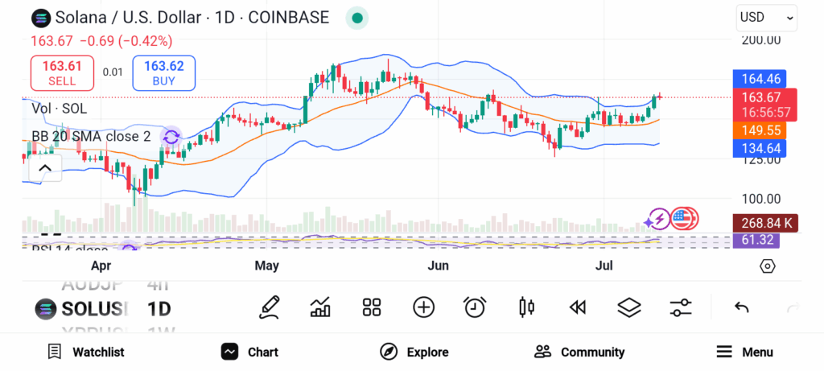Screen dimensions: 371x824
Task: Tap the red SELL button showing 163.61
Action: click(62, 73)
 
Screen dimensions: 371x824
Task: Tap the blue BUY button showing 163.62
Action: click(163, 73)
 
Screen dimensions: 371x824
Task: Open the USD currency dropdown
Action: click(766, 17)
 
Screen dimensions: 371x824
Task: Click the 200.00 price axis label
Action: click(760, 39)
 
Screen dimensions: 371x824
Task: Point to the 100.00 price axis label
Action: click(760, 199)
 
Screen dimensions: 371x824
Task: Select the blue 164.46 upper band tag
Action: click(760, 79)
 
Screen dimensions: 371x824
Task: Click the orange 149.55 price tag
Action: click(760, 130)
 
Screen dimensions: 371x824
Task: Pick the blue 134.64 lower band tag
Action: click(760, 148)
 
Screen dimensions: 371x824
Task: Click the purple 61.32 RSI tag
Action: click(760, 240)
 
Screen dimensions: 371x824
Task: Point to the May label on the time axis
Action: click(266, 266)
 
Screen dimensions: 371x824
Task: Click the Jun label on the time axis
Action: click(438, 266)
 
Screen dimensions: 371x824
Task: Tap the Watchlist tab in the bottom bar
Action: click(86, 352)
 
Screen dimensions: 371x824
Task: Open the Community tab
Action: click(579, 352)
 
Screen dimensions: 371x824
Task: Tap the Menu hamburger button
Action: click(744, 352)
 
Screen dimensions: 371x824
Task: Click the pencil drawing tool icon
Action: click(270, 307)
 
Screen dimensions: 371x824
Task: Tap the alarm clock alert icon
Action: click(475, 307)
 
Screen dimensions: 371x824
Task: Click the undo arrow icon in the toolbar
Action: click(742, 307)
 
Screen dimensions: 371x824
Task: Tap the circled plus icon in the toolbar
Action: click(423, 307)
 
